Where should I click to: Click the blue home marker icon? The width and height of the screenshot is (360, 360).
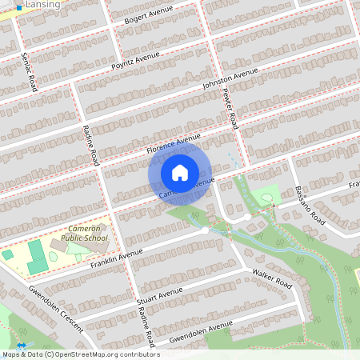click(180, 172)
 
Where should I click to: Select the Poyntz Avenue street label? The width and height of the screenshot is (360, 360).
click(136, 58)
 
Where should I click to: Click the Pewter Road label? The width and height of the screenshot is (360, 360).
click(230, 109)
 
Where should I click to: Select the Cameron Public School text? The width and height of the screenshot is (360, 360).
click(77, 233)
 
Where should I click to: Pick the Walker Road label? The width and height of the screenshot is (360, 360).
click(271, 284)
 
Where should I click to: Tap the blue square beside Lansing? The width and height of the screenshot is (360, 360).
click(19, 6)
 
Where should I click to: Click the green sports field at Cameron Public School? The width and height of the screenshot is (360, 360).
click(38, 258)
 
